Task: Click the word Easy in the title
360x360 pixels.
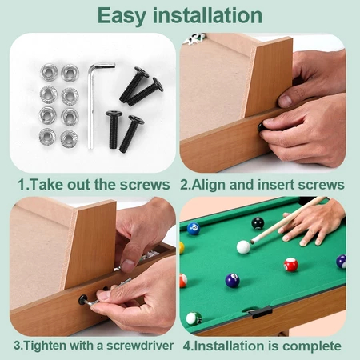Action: [122, 16]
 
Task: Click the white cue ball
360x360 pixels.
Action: [243, 247]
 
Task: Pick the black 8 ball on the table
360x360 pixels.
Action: [258, 223]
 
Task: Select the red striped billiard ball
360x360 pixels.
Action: [290, 265]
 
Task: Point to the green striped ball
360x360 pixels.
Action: [194, 318]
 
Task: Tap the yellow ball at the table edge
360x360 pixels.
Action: [182, 248]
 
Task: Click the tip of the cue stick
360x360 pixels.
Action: [252, 242]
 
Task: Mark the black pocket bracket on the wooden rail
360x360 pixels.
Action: [260, 312]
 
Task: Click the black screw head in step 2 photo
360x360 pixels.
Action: [262, 127]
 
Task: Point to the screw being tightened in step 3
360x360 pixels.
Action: [83, 300]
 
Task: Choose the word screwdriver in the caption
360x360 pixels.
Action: [140, 346]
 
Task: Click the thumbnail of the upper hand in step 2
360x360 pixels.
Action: [285, 102]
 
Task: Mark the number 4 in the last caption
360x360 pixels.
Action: [186, 346]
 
